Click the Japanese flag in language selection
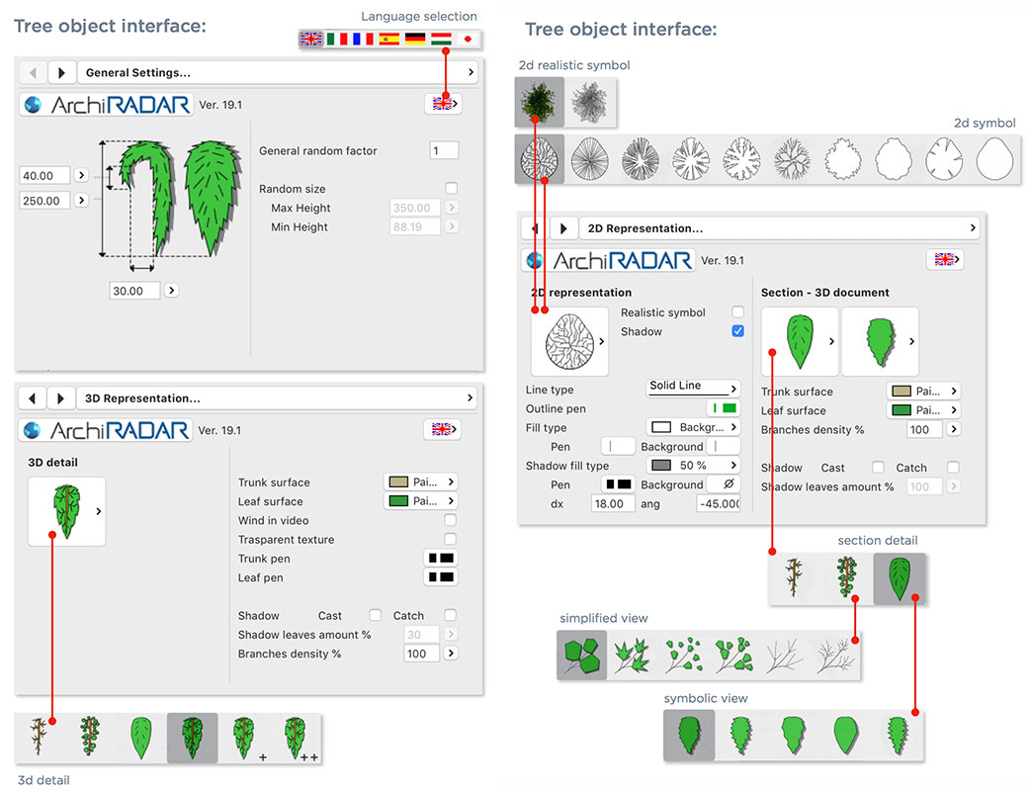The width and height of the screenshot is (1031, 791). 468,40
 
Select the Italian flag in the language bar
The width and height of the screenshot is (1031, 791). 337,40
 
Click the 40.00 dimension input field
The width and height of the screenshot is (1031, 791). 44,176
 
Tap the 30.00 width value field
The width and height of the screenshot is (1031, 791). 134,291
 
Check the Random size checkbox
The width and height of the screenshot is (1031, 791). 451,189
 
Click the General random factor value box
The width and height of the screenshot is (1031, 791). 444,150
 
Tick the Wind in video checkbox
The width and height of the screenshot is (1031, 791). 450,520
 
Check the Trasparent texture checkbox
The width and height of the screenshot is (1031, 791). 450,539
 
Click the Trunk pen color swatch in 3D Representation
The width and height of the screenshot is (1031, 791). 441,559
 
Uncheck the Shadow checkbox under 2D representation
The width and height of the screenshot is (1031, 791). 737,330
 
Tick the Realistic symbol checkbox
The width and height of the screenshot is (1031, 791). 737,311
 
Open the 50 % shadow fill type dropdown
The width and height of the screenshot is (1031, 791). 693,466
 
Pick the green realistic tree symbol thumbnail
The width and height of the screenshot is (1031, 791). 539,102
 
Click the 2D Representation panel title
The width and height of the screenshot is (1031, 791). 645,228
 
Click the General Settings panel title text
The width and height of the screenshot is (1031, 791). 138,73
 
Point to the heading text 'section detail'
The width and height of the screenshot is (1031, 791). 877,541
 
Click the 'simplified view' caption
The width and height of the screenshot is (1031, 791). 604,618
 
